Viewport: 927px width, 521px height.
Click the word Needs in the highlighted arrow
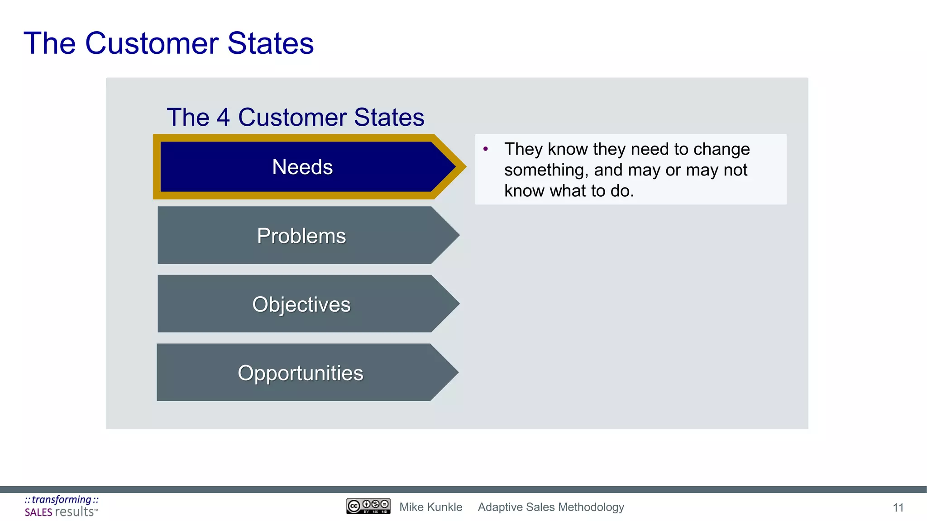[x=302, y=167]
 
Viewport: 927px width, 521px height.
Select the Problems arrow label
[x=301, y=236]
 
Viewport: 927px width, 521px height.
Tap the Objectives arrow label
[x=301, y=304]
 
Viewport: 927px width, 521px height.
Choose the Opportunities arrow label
[x=301, y=373]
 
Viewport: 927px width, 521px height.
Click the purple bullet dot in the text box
[x=486, y=149]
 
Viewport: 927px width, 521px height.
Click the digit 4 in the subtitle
[x=223, y=117]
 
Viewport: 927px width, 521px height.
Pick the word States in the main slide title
[x=270, y=43]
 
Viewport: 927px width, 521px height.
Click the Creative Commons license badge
[x=368, y=506]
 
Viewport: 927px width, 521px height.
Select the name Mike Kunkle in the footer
[x=430, y=507]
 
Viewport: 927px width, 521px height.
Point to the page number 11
[x=898, y=508]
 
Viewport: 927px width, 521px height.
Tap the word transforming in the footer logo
[x=62, y=499]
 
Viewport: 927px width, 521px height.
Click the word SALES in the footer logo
[x=38, y=512]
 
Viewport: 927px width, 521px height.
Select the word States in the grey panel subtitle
[x=389, y=117]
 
